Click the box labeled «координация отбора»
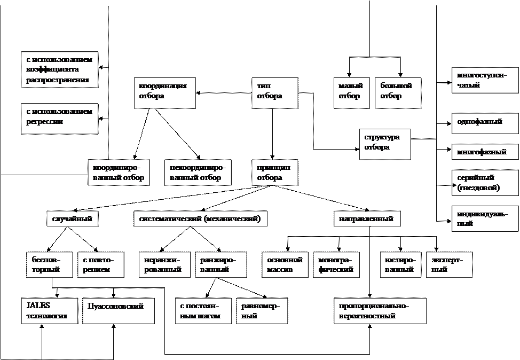coord(164,93)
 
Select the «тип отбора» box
coord(274,93)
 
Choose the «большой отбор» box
coord(397,93)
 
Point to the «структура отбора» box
coord(384,144)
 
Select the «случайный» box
coord(72,218)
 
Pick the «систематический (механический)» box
coord(200,218)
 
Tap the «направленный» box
coord(367,218)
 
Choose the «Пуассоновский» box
coord(118,310)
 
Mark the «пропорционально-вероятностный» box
coord(380,310)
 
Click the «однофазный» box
coord(485,122)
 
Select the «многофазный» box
coord(485,152)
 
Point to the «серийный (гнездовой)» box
coord(485,183)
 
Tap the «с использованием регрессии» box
coord(59,118)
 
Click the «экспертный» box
coord(449,264)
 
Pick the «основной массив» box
coord(285,264)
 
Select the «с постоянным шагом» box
coord(203,310)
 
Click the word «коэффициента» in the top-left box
coord(52,70)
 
